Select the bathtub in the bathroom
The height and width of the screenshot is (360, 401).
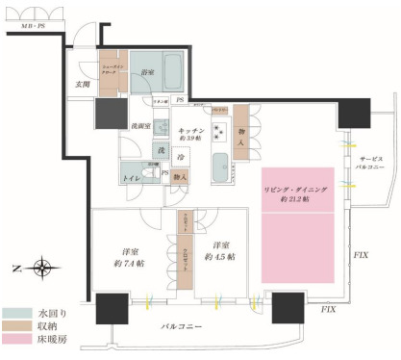[174, 71]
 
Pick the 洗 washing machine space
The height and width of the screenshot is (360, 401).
[162, 154]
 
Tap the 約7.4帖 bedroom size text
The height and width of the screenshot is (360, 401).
[128, 262]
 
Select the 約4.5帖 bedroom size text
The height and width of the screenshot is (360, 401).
[226, 255]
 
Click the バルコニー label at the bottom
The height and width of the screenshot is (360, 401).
[181, 329]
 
